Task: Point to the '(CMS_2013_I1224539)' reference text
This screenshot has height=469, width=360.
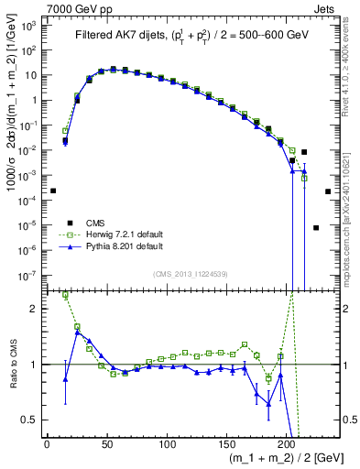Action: coord(191,272)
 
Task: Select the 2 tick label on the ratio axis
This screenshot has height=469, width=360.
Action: coord(38,309)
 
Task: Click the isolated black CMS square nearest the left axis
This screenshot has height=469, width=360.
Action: coord(53,191)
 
